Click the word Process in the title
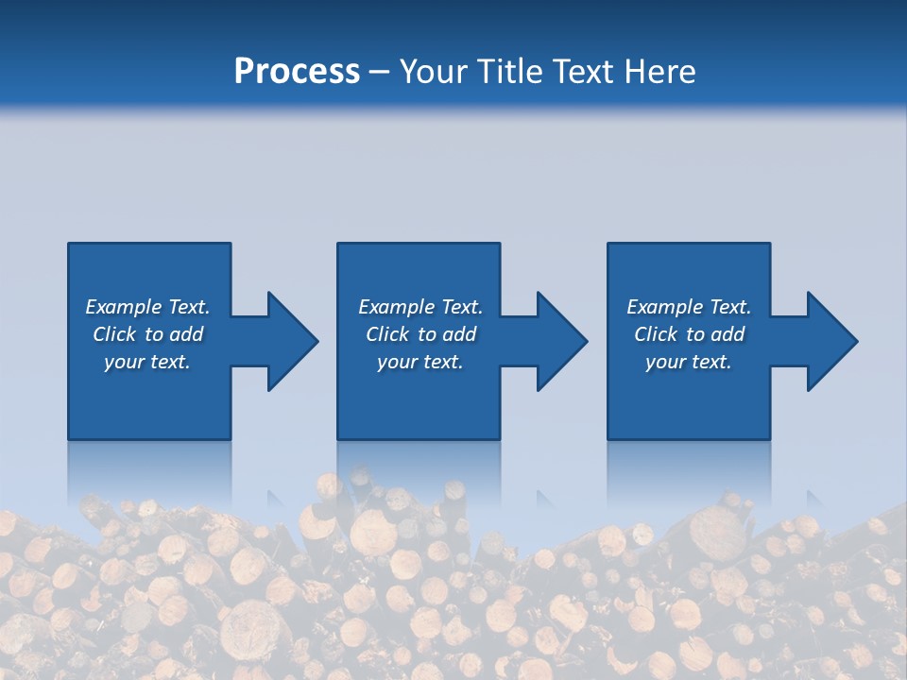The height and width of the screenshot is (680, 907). pos(297,72)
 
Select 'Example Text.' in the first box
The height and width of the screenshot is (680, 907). pos(147,307)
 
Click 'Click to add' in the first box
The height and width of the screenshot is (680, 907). pos(147,334)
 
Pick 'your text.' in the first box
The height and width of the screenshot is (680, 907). pos(147,362)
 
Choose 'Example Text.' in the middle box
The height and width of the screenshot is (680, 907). pos(419,307)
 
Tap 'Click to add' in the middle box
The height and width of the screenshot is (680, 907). pos(419,334)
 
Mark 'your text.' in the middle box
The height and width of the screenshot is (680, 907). pos(419,362)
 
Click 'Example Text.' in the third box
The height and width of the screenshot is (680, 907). pos(689,307)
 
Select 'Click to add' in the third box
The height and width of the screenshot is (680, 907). pos(689,334)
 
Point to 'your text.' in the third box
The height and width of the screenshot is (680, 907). pos(689,362)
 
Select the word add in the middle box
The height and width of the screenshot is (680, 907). pos(459,334)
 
